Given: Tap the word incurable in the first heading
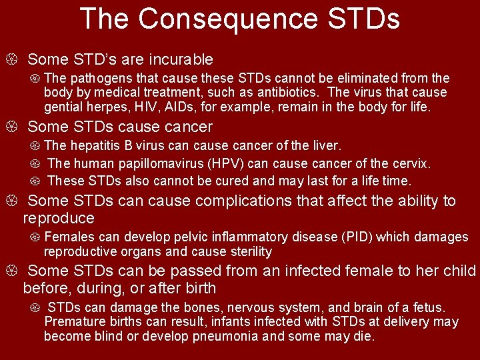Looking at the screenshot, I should [x=174, y=60].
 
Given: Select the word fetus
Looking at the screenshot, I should [x=429, y=307].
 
